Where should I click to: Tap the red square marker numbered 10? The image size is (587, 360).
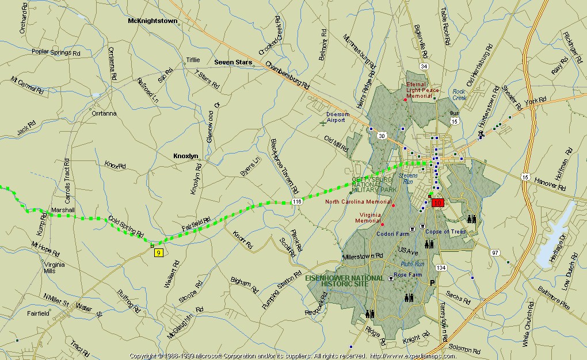pos(438,202)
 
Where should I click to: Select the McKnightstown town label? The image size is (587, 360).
pos(153,21)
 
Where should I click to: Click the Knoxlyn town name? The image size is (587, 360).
pos(186,156)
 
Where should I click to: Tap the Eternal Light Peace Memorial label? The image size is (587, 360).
pos(422,90)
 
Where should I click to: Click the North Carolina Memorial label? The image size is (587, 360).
pos(358,202)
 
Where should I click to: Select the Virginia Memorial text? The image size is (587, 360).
pos(368,217)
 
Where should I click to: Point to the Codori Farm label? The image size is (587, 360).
pos(392,234)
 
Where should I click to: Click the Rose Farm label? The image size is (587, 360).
pos(407,275)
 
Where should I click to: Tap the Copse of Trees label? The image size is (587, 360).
pos(445,232)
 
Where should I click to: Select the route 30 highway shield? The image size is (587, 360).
pos(382,135)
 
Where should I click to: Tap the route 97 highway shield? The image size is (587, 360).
pos(495,252)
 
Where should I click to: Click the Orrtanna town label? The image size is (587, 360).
pos(104,113)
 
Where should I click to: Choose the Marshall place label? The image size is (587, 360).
pos(63,210)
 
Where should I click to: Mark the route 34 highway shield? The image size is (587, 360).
pos(424,67)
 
